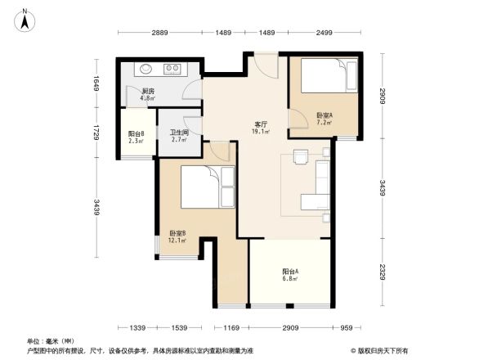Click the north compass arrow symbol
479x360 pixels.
click(25, 19)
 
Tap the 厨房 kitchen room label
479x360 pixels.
click(148, 91)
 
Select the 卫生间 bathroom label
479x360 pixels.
click(179, 133)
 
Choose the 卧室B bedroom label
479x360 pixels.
click(177, 233)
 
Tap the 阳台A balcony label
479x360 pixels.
click(290, 271)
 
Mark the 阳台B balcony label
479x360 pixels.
click(137, 133)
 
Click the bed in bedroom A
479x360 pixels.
click(327, 79)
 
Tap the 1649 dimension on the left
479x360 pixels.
click(96, 82)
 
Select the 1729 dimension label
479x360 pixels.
click(96, 131)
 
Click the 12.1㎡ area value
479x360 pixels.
click(177, 241)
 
